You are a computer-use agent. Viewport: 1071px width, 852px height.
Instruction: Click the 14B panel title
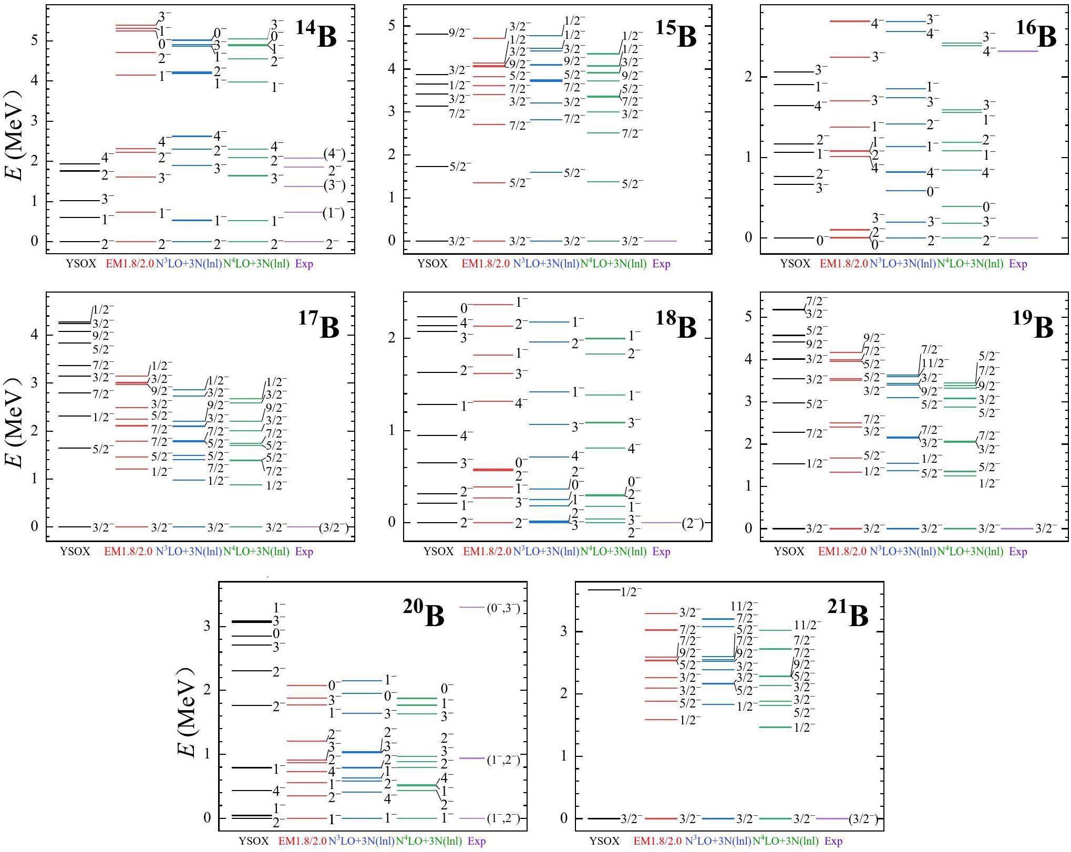click(316, 35)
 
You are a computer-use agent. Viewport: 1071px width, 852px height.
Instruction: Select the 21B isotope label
click(848, 615)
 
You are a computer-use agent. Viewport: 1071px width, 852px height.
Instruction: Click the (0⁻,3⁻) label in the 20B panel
click(503, 609)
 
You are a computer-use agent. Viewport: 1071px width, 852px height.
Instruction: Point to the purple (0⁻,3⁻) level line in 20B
click(471, 607)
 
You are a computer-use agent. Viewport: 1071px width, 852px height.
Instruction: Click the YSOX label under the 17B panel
click(75, 552)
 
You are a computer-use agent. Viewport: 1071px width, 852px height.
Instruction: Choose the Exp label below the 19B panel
click(1018, 552)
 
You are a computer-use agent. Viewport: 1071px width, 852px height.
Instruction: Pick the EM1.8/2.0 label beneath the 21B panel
click(657, 841)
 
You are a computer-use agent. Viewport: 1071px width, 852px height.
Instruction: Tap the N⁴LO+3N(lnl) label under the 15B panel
click(613, 264)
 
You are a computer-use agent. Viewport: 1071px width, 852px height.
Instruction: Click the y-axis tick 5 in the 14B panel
click(34, 40)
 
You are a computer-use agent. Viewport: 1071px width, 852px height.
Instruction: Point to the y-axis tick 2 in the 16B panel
click(748, 77)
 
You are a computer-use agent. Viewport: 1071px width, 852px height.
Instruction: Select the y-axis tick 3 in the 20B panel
click(207, 626)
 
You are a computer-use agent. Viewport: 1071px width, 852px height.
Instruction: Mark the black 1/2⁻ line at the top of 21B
click(604, 590)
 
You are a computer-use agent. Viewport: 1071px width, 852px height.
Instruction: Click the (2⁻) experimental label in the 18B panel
click(693, 523)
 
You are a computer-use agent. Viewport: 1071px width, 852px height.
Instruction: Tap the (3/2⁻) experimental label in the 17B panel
click(334, 528)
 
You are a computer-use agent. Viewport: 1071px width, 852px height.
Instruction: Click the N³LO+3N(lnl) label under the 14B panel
click(189, 264)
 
